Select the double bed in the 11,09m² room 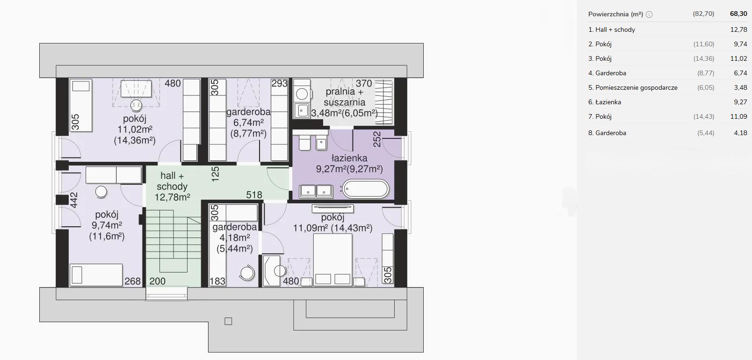333,259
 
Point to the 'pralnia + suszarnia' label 345,97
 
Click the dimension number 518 254,194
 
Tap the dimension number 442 74,200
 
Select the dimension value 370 364,83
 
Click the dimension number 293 279,83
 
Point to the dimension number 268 133,281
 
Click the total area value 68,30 738,14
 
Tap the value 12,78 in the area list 739,29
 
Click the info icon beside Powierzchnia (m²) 649,14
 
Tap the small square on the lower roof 228,321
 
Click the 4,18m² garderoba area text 235,238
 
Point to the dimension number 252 377,139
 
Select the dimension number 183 217,281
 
